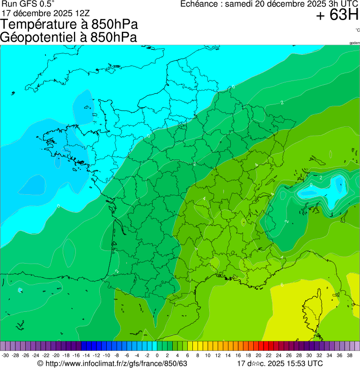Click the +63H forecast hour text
pos(337,15)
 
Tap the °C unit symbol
pos(357,30)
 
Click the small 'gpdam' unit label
pos(354,43)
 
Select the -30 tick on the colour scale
pos(6,355)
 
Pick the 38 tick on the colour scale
pos(349,355)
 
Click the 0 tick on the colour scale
pos(157,355)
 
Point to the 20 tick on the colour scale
pos(258,355)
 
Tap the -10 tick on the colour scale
pos(106,355)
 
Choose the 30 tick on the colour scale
pos(309,355)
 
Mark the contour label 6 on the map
pos(282,285)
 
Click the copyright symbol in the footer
pos(40,363)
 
